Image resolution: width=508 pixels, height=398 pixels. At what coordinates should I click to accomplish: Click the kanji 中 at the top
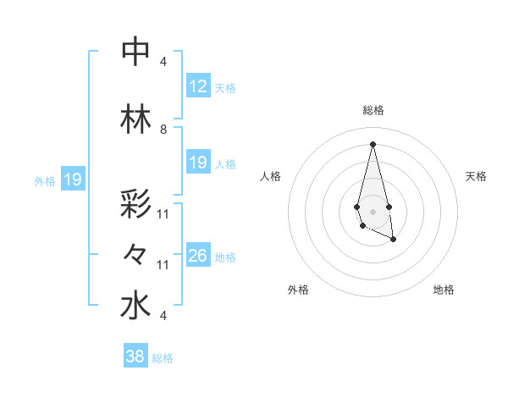[135, 52]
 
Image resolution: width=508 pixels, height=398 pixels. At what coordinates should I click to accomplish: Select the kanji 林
[135, 119]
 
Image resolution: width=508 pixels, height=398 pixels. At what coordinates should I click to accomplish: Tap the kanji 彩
[135, 206]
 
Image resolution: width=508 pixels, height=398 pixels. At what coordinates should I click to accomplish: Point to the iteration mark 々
[135, 253]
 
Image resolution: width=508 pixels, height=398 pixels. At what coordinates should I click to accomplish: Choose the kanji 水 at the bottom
[135, 306]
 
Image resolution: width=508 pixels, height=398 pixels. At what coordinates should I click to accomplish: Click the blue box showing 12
[198, 87]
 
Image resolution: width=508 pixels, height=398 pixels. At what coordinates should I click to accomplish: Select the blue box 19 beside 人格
[198, 163]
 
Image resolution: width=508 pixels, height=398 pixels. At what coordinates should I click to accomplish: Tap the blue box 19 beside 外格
[73, 180]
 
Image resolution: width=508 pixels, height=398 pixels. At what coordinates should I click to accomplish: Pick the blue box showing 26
[198, 256]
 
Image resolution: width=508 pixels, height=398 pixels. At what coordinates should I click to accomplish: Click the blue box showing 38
[135, 357]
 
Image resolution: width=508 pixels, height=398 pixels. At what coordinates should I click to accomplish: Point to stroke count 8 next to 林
[163, 130]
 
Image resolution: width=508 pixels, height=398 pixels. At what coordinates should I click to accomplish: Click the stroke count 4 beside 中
[163, 62]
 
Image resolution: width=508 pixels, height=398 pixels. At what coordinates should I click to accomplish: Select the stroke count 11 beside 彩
[163, 214]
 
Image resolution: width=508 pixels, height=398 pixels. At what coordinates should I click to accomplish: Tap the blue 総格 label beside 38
[163, 358]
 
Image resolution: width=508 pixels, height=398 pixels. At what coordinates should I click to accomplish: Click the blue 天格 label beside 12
[225, 88]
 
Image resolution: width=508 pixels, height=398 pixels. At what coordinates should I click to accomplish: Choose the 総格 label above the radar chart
[373, 110]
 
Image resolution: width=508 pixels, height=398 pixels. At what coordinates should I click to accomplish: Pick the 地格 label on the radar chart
[444, 290]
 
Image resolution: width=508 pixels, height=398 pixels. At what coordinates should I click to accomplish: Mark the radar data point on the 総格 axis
[373, 143]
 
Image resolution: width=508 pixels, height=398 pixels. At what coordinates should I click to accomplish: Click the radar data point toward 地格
[394, 240]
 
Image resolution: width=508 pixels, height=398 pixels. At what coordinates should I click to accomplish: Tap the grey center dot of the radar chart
[373, 210]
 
